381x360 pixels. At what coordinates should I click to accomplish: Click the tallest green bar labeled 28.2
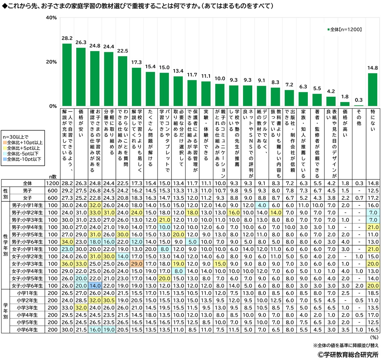(x=67, y=75)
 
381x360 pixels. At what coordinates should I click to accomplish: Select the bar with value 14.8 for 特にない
(x=372, y=90)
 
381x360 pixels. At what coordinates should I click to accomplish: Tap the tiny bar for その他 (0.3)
(x=358, y=106)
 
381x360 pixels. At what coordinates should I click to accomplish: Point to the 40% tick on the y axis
(x=51, y=18)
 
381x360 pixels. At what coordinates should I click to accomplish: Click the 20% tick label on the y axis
(x=51, y=62)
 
